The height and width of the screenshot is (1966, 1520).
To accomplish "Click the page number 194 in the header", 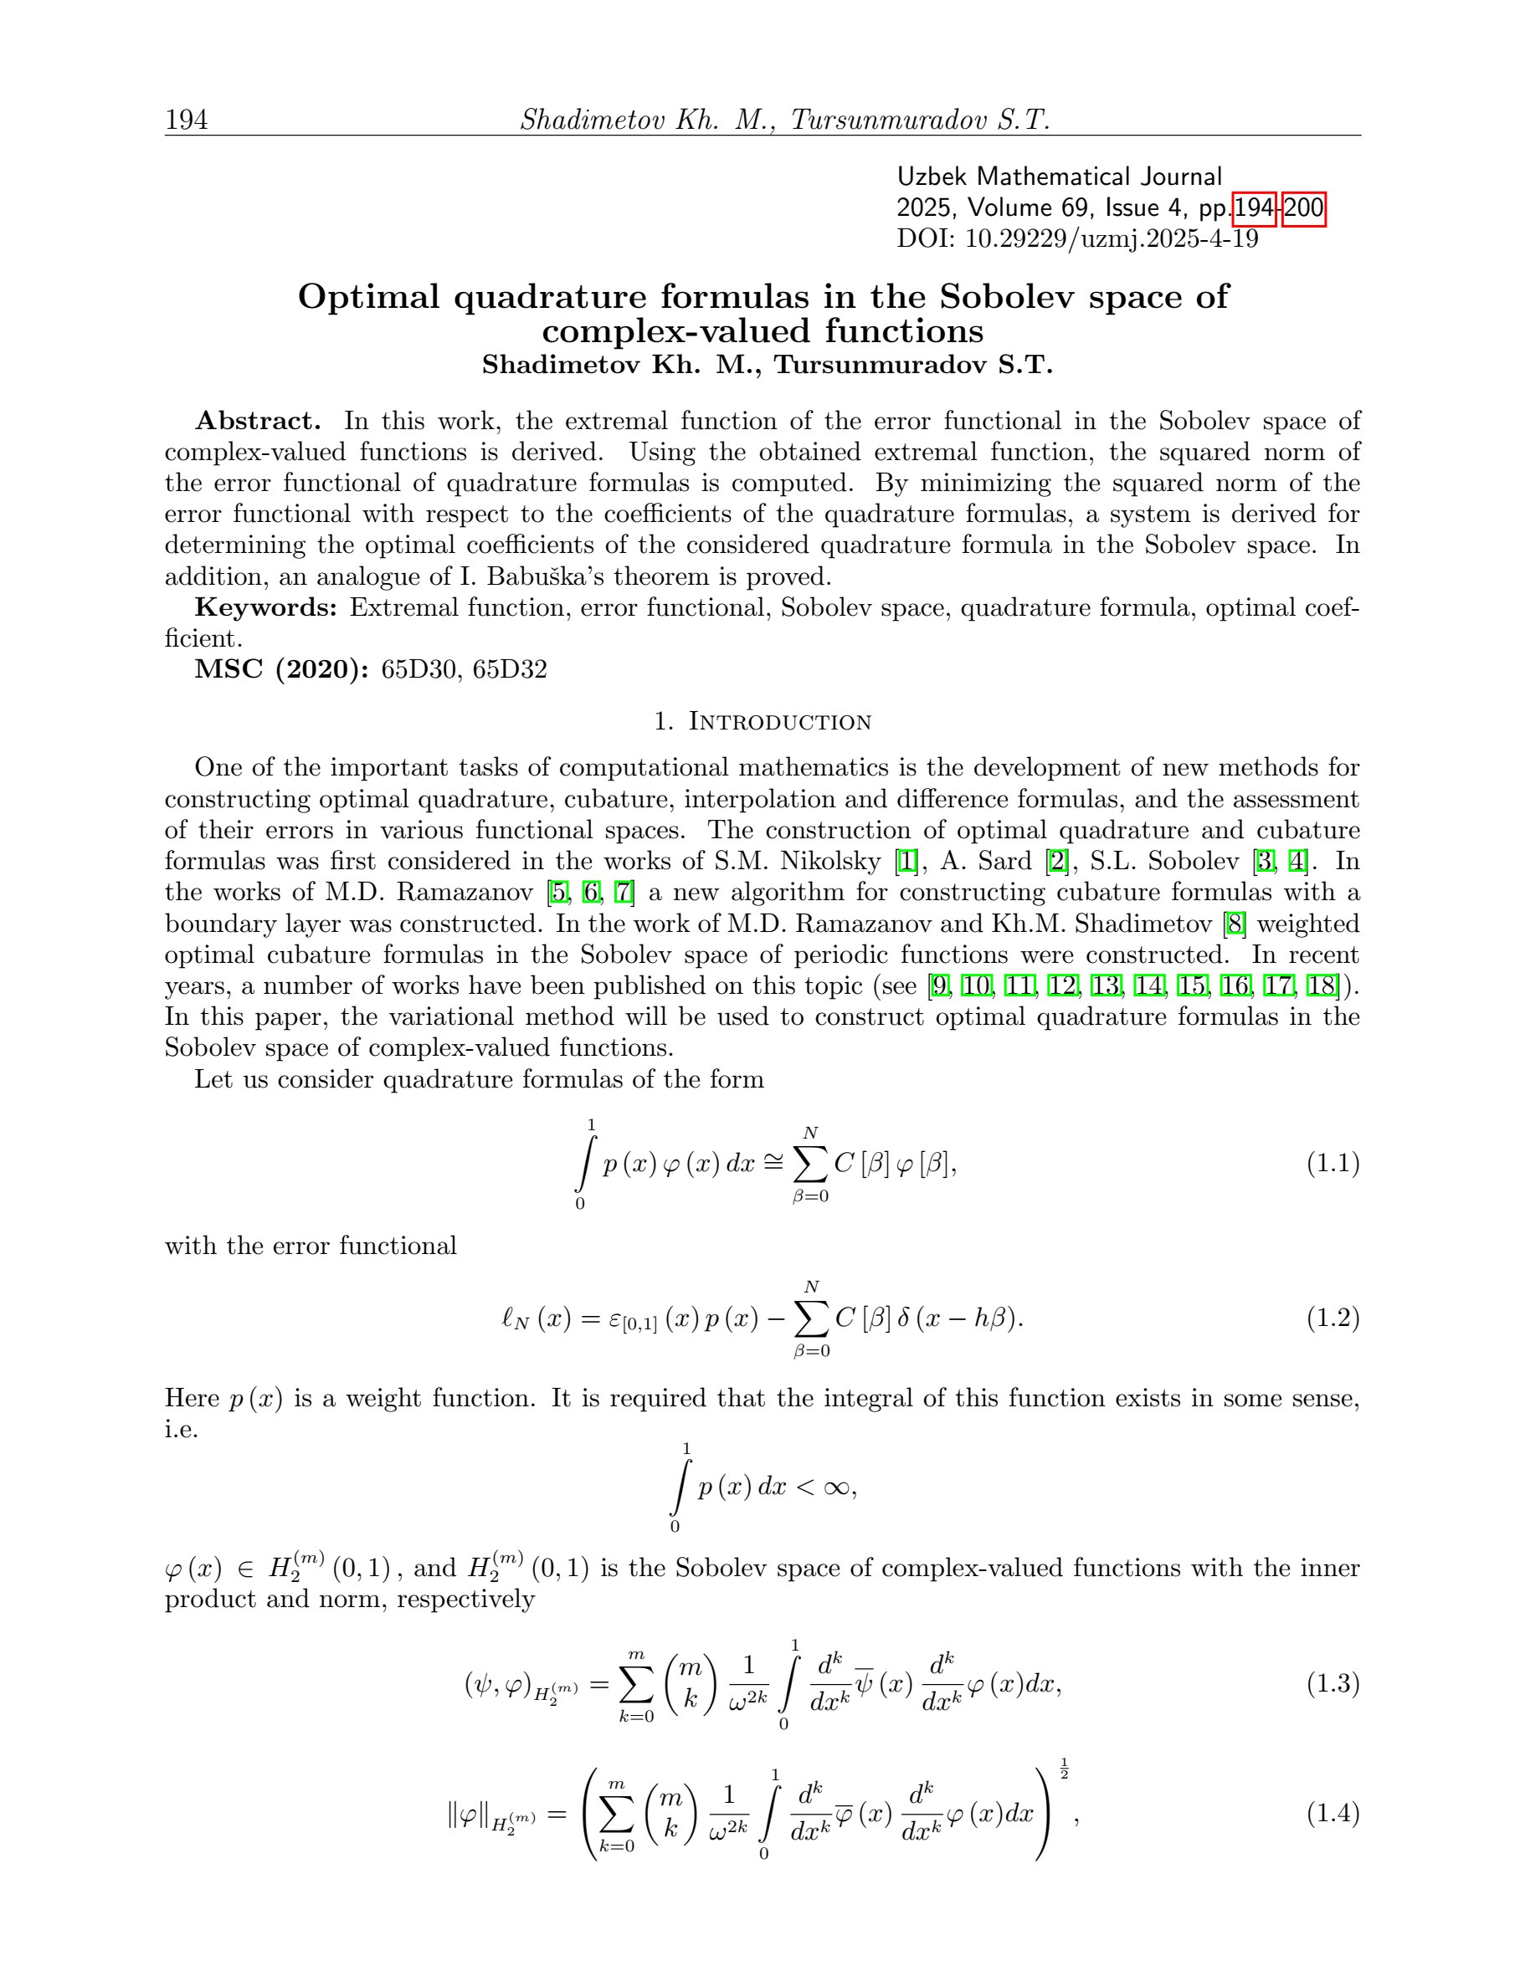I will point(187,120).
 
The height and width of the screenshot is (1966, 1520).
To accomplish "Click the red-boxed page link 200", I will point(1303,209).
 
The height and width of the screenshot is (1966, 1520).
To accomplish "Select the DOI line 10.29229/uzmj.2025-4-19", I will point(1077,239).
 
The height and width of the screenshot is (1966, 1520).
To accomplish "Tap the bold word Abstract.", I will point(258,422).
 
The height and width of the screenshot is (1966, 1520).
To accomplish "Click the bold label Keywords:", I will point(265,607).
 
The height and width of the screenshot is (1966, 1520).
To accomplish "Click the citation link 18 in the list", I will point(1322,986).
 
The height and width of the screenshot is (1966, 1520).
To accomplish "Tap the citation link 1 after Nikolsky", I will point(906,862).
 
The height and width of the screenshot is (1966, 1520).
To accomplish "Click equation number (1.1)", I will point(1333,1164).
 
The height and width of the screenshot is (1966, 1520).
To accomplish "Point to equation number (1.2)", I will point(1333,1318).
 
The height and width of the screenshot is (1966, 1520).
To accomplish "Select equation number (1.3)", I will point(1333,1683).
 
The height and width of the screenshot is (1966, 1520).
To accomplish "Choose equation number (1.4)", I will point(1333,1813).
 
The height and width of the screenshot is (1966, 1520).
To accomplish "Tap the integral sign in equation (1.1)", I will point(585,1164).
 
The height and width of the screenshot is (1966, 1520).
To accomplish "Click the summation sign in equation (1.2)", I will point(811,1318).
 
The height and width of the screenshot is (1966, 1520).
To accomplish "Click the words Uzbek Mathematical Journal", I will point(1059,177).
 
